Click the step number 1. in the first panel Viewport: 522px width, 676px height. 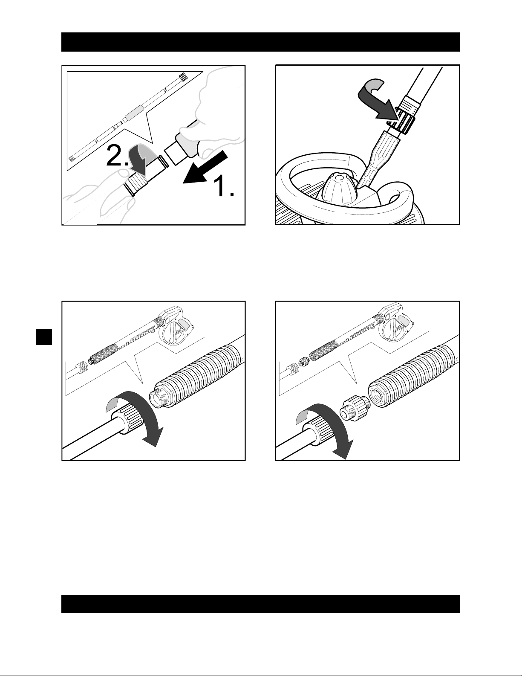coord(223,186)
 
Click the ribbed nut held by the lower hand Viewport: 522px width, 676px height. coord(136,185)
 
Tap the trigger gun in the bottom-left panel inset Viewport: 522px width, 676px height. coord(176,325)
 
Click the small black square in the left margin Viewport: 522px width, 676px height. coord(44,337)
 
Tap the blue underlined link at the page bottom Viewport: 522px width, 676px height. coord(84,672)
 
